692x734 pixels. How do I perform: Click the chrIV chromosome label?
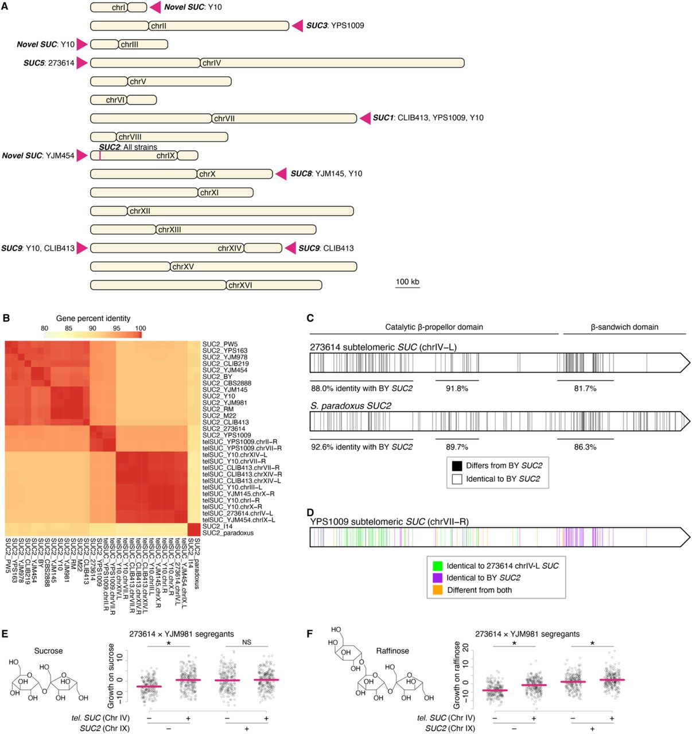tap(211, 63)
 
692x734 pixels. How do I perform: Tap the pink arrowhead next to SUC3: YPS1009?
tap(297, 25)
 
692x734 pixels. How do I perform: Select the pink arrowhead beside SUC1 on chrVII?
tap(365, 118)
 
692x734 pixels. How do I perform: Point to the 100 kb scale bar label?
tap(407, 282)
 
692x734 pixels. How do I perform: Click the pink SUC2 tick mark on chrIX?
tap(100, 155)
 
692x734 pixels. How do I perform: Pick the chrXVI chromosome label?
tap(240, 285)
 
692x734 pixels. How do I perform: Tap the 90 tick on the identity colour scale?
tap(92, 329)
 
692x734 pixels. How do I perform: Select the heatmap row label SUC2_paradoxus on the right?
tap(228, 533)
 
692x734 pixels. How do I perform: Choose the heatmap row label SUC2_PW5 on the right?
tap(220, 344)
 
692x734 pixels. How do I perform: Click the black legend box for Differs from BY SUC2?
tap(457, 466)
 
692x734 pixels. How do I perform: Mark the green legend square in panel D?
tap(438, 565)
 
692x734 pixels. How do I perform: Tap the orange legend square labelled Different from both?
tap(438, 590)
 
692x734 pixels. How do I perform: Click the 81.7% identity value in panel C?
tap(585, 388)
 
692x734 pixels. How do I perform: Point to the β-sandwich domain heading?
tap(624, 327)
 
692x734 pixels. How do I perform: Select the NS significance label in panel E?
tap(247, 642)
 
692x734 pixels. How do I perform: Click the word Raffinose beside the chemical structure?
tap(392, 651)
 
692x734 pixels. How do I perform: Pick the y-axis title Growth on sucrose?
tap(112, 670)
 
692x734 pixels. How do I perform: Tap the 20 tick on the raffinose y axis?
tap(465, 647)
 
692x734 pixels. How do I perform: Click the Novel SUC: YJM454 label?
tap(38, 155)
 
